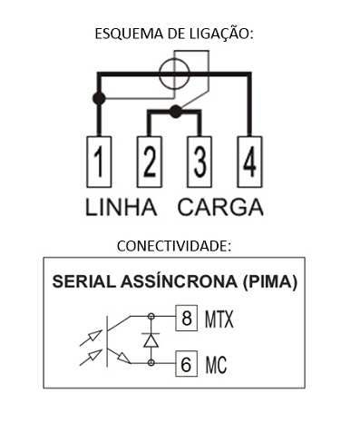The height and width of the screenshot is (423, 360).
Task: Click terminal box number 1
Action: [x=99, y=162]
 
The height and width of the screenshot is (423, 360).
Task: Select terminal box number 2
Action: [x=150, y=162]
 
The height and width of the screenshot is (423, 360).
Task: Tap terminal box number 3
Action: [x=199, y=162]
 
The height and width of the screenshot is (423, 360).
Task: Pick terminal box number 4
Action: [x=249, y=162]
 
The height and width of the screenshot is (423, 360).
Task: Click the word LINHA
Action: [x=122, y=207]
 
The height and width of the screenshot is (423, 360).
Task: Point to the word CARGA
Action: [x=220, y=207]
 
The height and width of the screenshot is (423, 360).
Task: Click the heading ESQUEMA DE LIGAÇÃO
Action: [x=174, y=34]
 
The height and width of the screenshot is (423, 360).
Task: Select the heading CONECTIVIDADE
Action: [x=174, y=246]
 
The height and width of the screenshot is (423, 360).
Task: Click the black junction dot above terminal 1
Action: [x=99, y=98]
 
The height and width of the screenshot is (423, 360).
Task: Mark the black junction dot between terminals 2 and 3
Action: [x=175, y=112]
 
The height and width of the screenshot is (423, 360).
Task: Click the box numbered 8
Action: [x=186, y=318]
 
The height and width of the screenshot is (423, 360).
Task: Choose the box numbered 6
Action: [x=186, y=364]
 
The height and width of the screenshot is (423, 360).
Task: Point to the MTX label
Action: [x=219, y=319]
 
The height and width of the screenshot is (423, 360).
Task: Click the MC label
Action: [x=216, y=365]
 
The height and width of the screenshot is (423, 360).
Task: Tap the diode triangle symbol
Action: [x=151, y=340]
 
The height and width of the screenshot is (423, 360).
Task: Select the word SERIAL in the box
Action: [x=84, y=281]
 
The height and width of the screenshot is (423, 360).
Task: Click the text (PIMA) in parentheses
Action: [x=270, y=282]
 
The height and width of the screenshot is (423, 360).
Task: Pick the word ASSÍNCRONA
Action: [x=179, y=281]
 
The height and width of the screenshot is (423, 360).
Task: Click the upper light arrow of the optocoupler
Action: [x=91, y=338]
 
